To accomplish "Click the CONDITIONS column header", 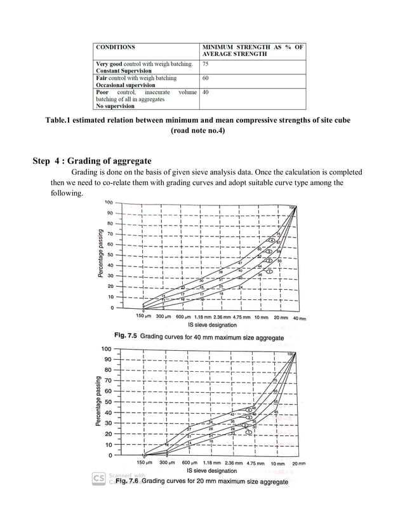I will coord(115,47).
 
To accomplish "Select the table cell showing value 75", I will coord(206,64).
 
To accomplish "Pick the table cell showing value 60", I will coord(206,78).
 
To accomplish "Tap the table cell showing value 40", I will coord(206,92).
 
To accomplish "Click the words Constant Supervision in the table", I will coord(123,71).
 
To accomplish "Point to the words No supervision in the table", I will coord(115,106).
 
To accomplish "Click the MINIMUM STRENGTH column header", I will coord(253,51).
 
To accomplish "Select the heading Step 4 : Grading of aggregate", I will coord(92,160).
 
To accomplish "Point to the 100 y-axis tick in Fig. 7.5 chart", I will coord(109,203).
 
